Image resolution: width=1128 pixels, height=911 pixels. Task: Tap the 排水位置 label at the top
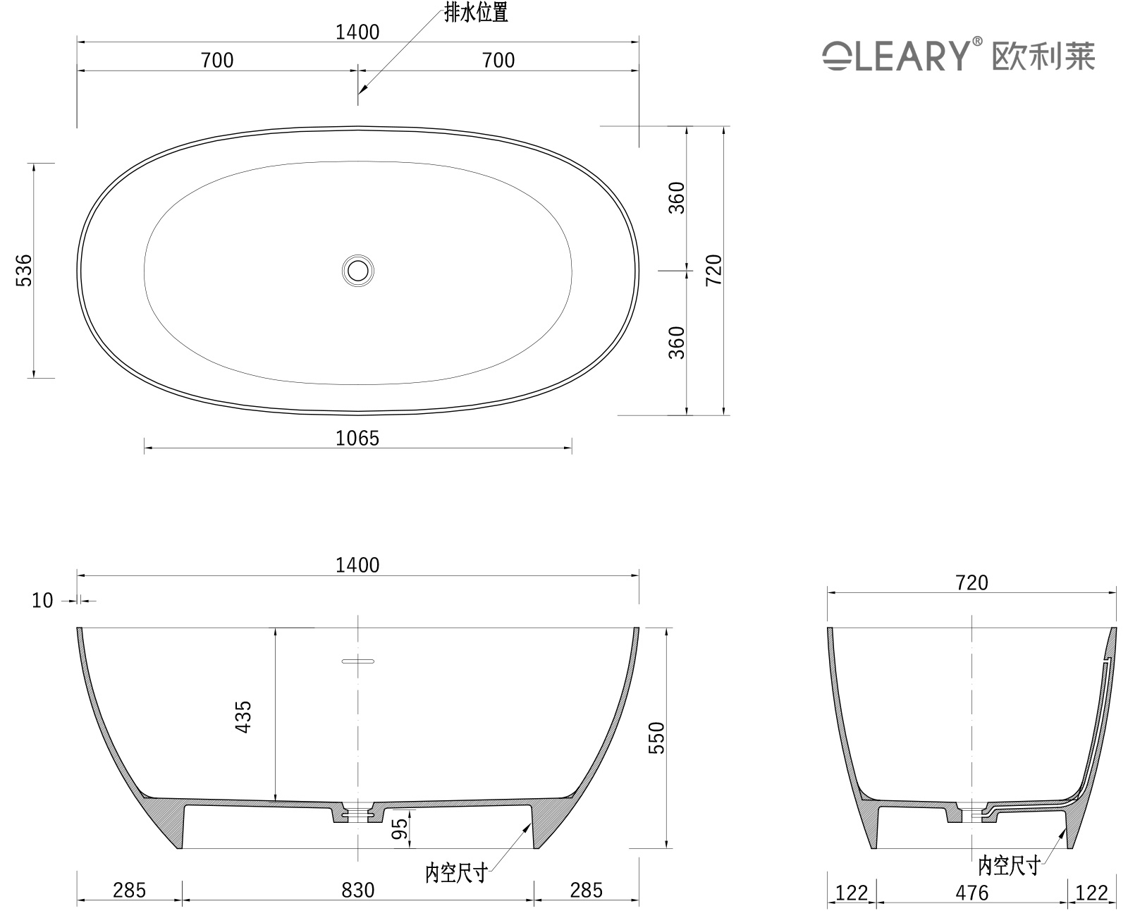click(x=476, y=13)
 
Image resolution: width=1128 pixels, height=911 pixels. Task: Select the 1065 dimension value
click(x=357, y=438)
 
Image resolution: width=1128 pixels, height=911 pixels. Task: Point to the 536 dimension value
click(x=25, y=271)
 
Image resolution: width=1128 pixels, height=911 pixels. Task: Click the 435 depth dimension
click(x=243, y=717)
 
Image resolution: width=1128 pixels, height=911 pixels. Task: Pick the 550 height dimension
click(x=656, y=738)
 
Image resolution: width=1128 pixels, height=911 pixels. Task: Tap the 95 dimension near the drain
click(x=400, y=829)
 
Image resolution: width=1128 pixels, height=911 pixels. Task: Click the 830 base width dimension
click(x=358, y=890)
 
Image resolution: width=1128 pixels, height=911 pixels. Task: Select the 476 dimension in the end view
click(x=971, y=893)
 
